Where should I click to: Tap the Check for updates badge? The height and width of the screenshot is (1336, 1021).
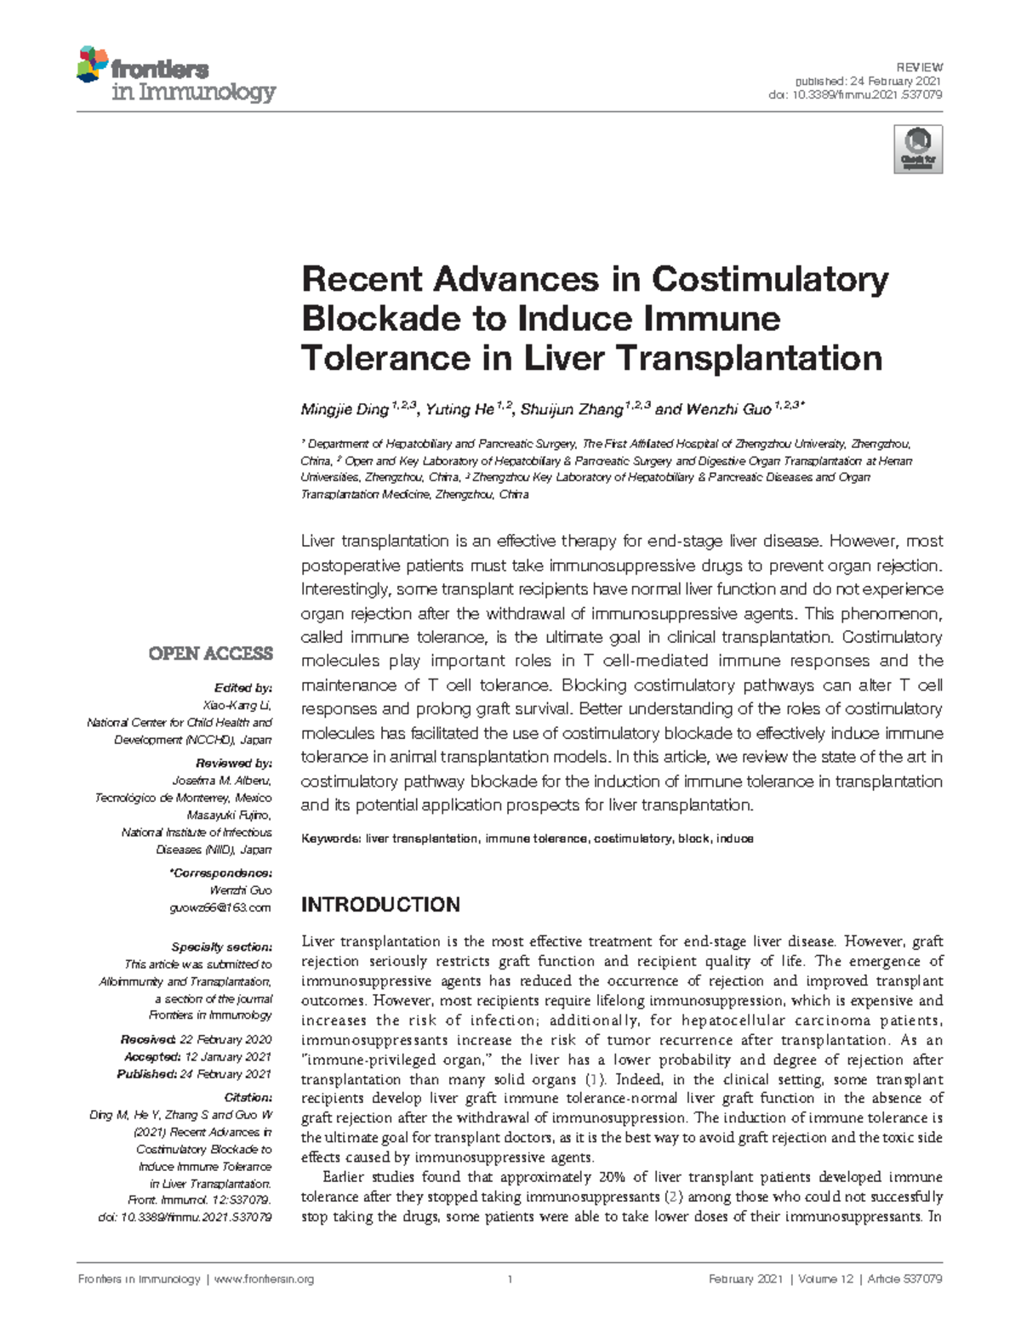pos(918,150)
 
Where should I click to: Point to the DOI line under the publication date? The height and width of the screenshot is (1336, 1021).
pos(855,94)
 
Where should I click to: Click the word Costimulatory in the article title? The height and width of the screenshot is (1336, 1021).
pos(770,279)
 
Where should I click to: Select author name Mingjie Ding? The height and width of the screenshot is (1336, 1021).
pos(345,410)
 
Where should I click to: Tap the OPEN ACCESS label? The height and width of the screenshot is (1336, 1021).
pos(210,653)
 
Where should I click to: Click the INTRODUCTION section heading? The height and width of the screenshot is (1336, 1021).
pos(380,904)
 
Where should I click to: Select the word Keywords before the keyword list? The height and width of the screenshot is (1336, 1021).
pos(331,839)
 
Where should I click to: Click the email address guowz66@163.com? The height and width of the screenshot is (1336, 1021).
pos(221,907)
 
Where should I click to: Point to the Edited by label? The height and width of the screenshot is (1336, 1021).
pos(243,688)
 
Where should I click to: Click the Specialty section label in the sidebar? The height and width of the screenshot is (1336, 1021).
pos(221,947)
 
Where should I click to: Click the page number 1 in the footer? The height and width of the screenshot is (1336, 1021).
pos(510,1280)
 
